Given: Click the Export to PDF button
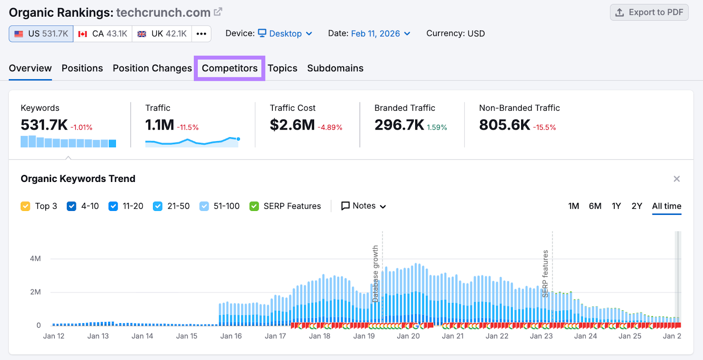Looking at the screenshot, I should (x=649, y=12).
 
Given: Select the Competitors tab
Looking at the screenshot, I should (x=229, y=68).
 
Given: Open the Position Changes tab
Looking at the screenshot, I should (x=152, y=68).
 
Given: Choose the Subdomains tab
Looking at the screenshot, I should (x=335, y=68).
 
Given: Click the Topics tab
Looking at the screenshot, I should (x=283, y=68).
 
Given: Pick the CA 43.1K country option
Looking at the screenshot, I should (x=103, y=34).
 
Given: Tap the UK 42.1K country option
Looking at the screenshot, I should (x=162, y=34).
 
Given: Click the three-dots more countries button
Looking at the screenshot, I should (x=201, y=34).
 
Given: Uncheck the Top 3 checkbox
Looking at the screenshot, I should (x=25, y=206).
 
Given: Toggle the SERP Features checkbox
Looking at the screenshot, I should (x=254, y=206).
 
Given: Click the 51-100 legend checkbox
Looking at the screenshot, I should (x=204, y=206).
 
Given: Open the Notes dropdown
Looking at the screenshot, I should (x=364, y=206).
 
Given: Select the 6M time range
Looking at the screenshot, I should (x=595, y=206).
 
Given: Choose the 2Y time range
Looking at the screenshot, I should (x=637, y=206).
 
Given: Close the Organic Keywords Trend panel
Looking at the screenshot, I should (x=677, y=179).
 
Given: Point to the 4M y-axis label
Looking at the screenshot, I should (x=35, y=258).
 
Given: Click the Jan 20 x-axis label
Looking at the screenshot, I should (x=408, y=336).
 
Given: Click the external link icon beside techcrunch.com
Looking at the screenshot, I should (x=218, y=12).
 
